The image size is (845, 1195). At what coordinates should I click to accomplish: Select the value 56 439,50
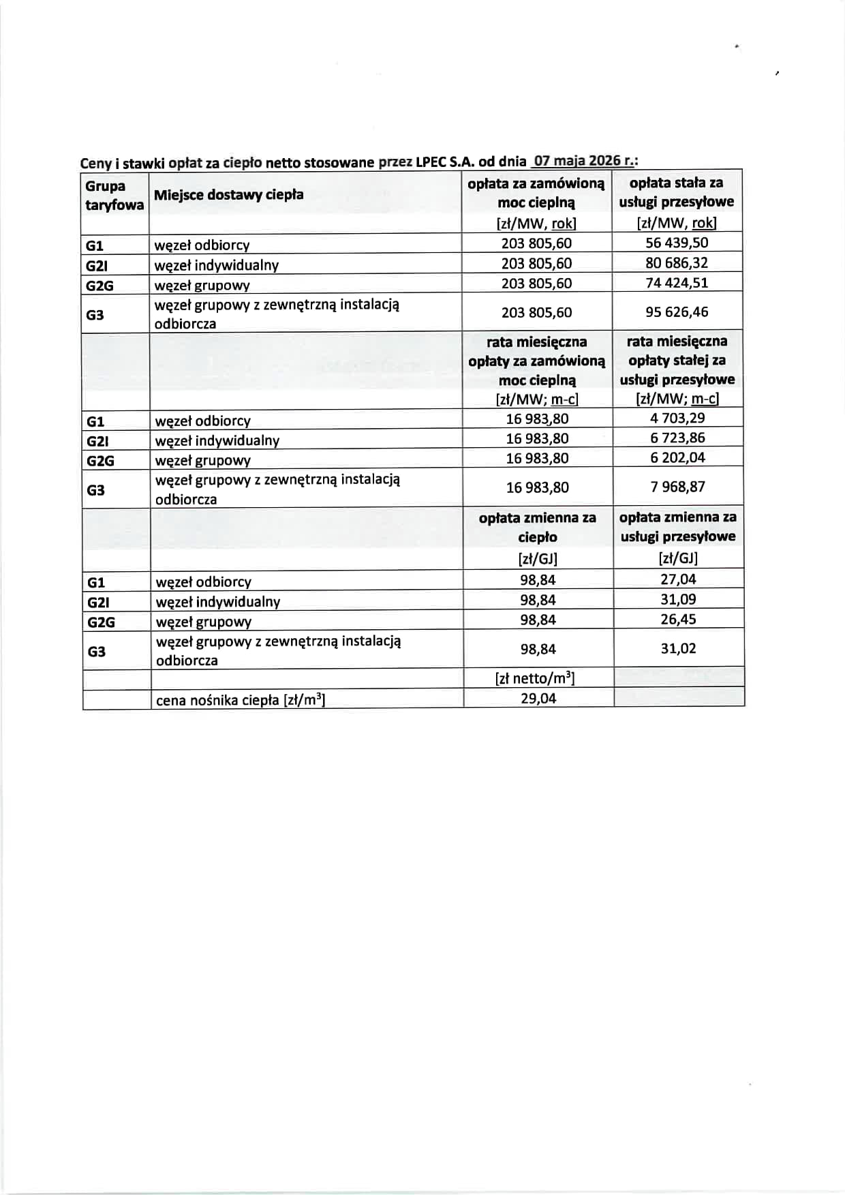677,243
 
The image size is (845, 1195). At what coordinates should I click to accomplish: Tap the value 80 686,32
677,262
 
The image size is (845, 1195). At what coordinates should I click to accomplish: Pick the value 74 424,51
677,282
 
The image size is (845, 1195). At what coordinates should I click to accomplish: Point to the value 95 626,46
677,312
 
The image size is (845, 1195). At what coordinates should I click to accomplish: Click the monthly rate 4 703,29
677,418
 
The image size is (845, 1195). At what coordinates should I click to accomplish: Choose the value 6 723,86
677,438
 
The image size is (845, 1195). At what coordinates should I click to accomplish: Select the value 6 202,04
677,457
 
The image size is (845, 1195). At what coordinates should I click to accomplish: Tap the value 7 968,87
677,487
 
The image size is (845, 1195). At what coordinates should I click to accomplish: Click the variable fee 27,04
678,579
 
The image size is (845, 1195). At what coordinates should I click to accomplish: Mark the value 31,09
678,599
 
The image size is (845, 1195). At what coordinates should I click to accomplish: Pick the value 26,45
678,619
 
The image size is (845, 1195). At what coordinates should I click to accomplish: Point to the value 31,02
678,648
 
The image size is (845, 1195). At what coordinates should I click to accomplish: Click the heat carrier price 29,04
538,698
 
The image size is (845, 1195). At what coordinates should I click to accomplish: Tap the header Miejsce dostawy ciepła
228,195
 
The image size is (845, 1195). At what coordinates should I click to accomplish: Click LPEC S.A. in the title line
444,162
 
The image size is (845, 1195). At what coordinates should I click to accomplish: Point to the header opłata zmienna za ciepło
537,527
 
